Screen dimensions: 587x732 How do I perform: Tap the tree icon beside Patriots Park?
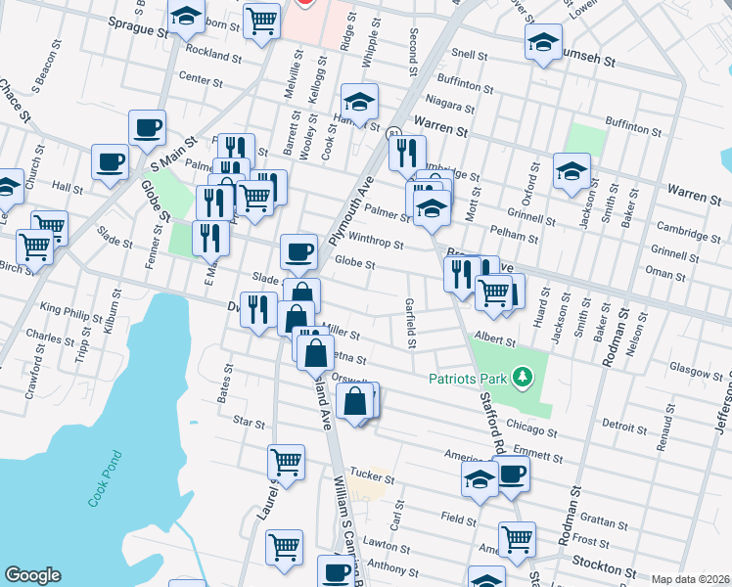(524, 377)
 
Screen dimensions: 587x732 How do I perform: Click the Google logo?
(32, 575)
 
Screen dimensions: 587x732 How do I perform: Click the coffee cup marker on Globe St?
(298, 251)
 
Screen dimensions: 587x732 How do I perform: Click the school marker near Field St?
(480, 478)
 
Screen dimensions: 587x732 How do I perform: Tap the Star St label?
(250, 424)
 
